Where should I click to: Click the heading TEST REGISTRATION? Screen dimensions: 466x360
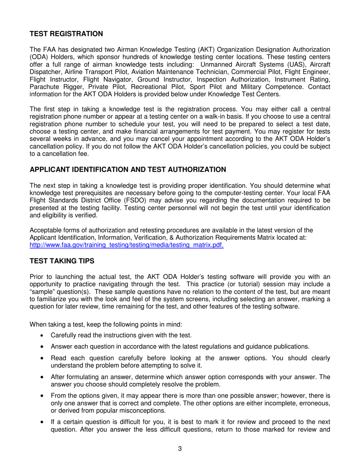pos(66,34)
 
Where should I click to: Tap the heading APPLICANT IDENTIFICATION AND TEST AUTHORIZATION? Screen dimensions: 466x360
pos(128,169)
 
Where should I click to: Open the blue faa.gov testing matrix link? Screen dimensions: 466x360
pos(127,245)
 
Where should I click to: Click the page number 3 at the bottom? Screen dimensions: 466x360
pos(180,449)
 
